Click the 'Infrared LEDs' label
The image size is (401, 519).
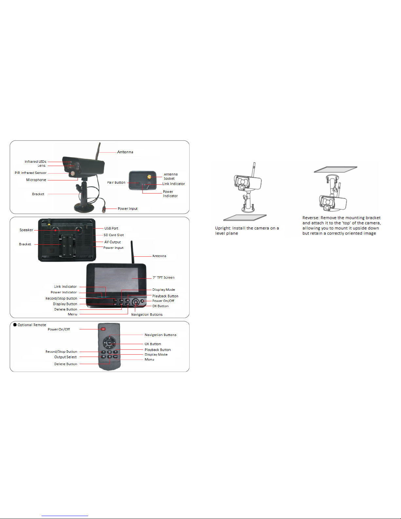(x=35, y=161)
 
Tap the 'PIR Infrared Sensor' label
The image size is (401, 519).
(x=30, y=173)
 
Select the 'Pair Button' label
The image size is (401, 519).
(x=116, y=182)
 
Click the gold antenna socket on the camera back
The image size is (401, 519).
(x=149, y=177)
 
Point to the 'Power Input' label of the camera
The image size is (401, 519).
(x=127, y=209)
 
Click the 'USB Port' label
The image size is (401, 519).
(x=111, y=228)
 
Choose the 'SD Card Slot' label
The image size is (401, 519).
(x=114, y=235)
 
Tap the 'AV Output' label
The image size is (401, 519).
(x=112, y=242)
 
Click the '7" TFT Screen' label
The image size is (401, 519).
(x=163, y=278)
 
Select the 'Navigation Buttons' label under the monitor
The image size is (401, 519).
(x=147, y=315)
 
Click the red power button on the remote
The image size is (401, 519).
(x=103, y=329)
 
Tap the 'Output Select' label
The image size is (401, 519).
(x=65, y=357)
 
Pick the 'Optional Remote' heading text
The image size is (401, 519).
(x=32, y=325)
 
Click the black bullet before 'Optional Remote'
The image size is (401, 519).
(x=15, y=324)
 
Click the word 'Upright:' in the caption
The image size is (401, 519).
(x=223, y=228)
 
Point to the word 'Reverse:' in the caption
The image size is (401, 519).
(x=311, y=217)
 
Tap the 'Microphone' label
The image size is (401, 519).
(x=36, y=180)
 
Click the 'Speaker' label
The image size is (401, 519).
(x=26, y=230)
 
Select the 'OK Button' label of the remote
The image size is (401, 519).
(x=153, y=344)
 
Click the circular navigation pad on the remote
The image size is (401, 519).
(x=110, y=343)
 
